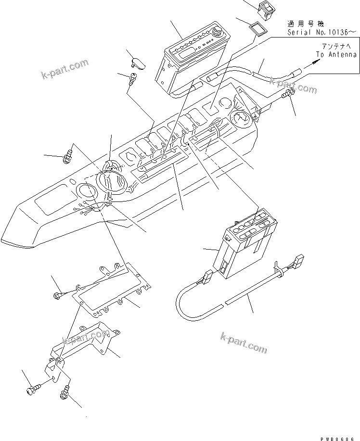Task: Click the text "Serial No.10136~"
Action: [322, 32]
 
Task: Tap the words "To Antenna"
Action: [336, 55]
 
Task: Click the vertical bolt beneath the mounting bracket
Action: [64, 394]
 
